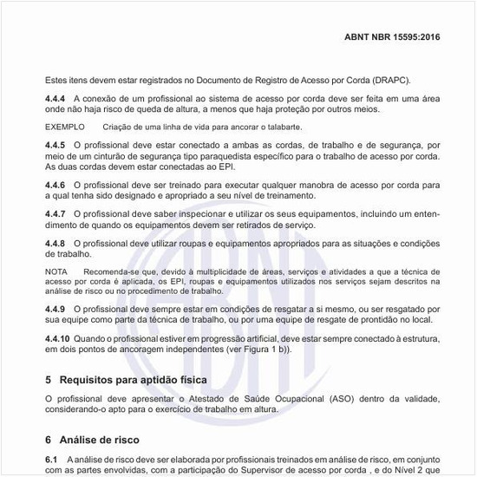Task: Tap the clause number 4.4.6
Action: pyautogui.click(x=58, y=186)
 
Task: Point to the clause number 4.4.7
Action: pyautogui.click(x=58, y=213)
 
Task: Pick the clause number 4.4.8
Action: pyautogui.click(x=58, y=244)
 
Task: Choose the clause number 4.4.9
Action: pyautogui.click(x=58, y=309)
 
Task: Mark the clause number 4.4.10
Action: pyautogui.click(x=61, y=339)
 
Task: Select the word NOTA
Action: pyautogui.click(x=56, y=273)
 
